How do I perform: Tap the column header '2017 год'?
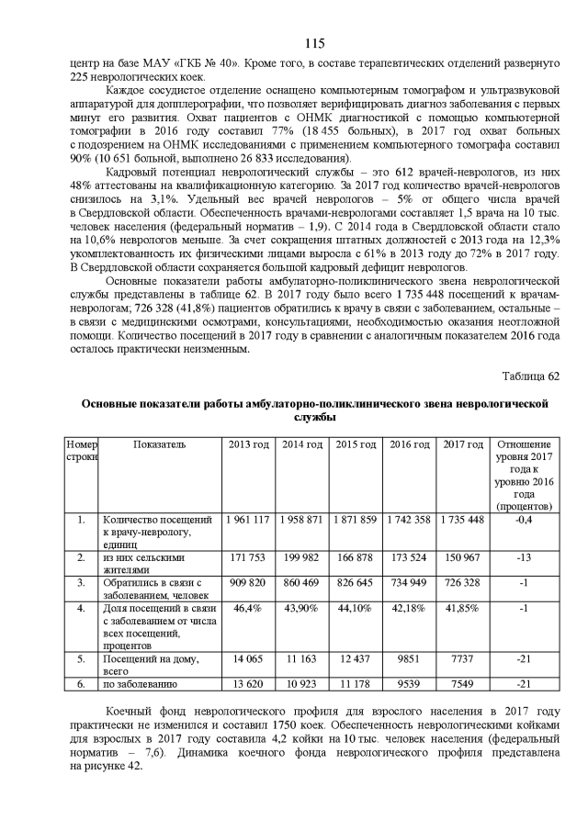click(x=462, y=444)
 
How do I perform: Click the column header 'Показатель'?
click(x=159, y=444)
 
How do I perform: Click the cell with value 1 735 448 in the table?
click(x=462, y=520)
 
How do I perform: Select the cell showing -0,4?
click(x=523, y=520)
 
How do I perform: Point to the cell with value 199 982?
click(x=301, y=557)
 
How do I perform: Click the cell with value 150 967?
click(x=462, y=557)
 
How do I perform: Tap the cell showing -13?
click(x=523, y=557)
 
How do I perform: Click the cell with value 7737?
click(x=462, y=658)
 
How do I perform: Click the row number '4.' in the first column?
click(x=81, y=608)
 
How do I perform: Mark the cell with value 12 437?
click(x=355, y=658)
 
